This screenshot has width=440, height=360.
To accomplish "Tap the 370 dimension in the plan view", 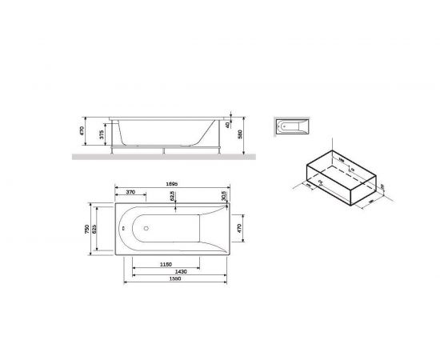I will [129, 194].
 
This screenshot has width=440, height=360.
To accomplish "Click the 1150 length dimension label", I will [166, 264].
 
